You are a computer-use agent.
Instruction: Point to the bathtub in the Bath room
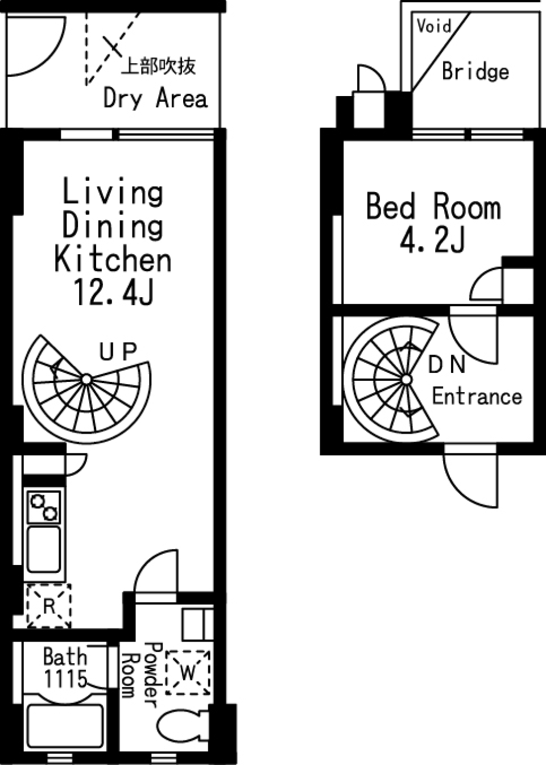tap(65, 727)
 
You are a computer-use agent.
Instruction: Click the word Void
tap(434, 26)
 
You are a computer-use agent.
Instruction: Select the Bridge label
tap(475, 72)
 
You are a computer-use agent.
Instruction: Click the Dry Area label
tap(155, 98)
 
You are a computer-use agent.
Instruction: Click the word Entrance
tap(477, 397)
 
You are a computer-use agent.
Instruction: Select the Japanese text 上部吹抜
tap(159, 66)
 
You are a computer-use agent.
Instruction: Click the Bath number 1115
tap(65, 679)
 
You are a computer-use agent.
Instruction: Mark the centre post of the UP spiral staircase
tap(87, 379)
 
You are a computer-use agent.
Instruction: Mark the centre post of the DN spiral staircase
tap(406, 380)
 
